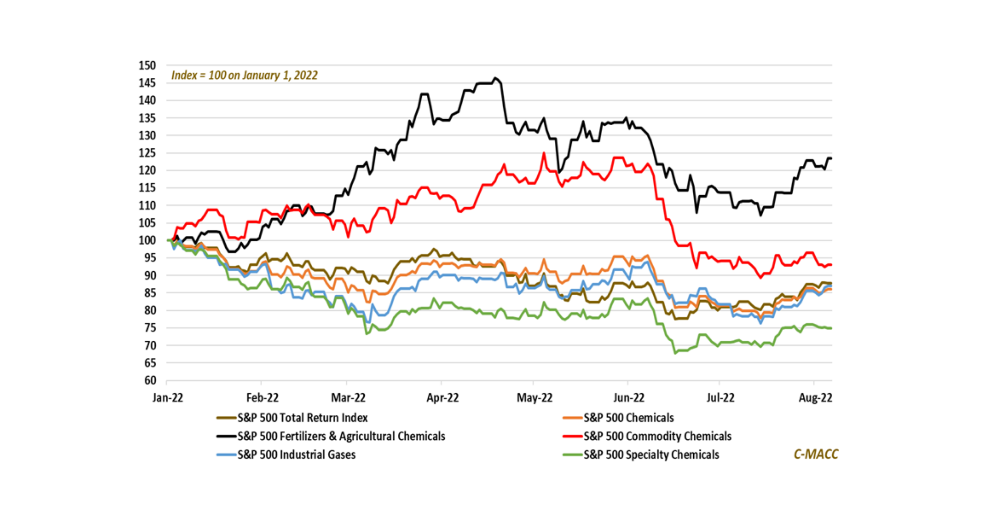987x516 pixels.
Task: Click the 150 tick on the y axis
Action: coord(147,66)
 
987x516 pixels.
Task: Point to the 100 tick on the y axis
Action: coord(147,240)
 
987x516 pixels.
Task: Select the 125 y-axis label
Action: coord(147,153)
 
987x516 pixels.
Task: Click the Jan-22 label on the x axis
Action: coord(168,397)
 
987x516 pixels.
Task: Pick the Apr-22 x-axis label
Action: coord(443,397)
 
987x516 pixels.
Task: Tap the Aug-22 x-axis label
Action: coord(815,397)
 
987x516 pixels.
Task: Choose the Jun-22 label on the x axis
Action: coord(629,397)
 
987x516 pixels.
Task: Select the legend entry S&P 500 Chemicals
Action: coord(628,418)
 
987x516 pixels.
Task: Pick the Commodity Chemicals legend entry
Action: coord(657,436)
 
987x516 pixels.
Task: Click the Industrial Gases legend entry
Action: coord(296,454)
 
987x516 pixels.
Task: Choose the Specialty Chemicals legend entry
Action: coord(651,454)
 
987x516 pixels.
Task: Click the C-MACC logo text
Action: coord(816,454)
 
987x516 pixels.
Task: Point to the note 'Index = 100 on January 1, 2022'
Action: coord(244,75)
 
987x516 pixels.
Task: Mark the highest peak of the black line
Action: coord(495,78)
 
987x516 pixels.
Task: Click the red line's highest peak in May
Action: coord(543,153)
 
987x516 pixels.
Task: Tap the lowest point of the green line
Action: coord(675,353)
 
